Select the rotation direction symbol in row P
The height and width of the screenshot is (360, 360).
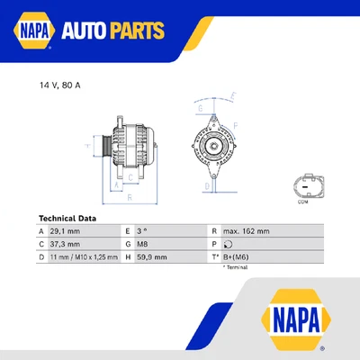(228, 244)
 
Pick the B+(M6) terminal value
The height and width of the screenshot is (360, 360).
(237, 256)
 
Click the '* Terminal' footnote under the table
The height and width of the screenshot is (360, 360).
(234, 267)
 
